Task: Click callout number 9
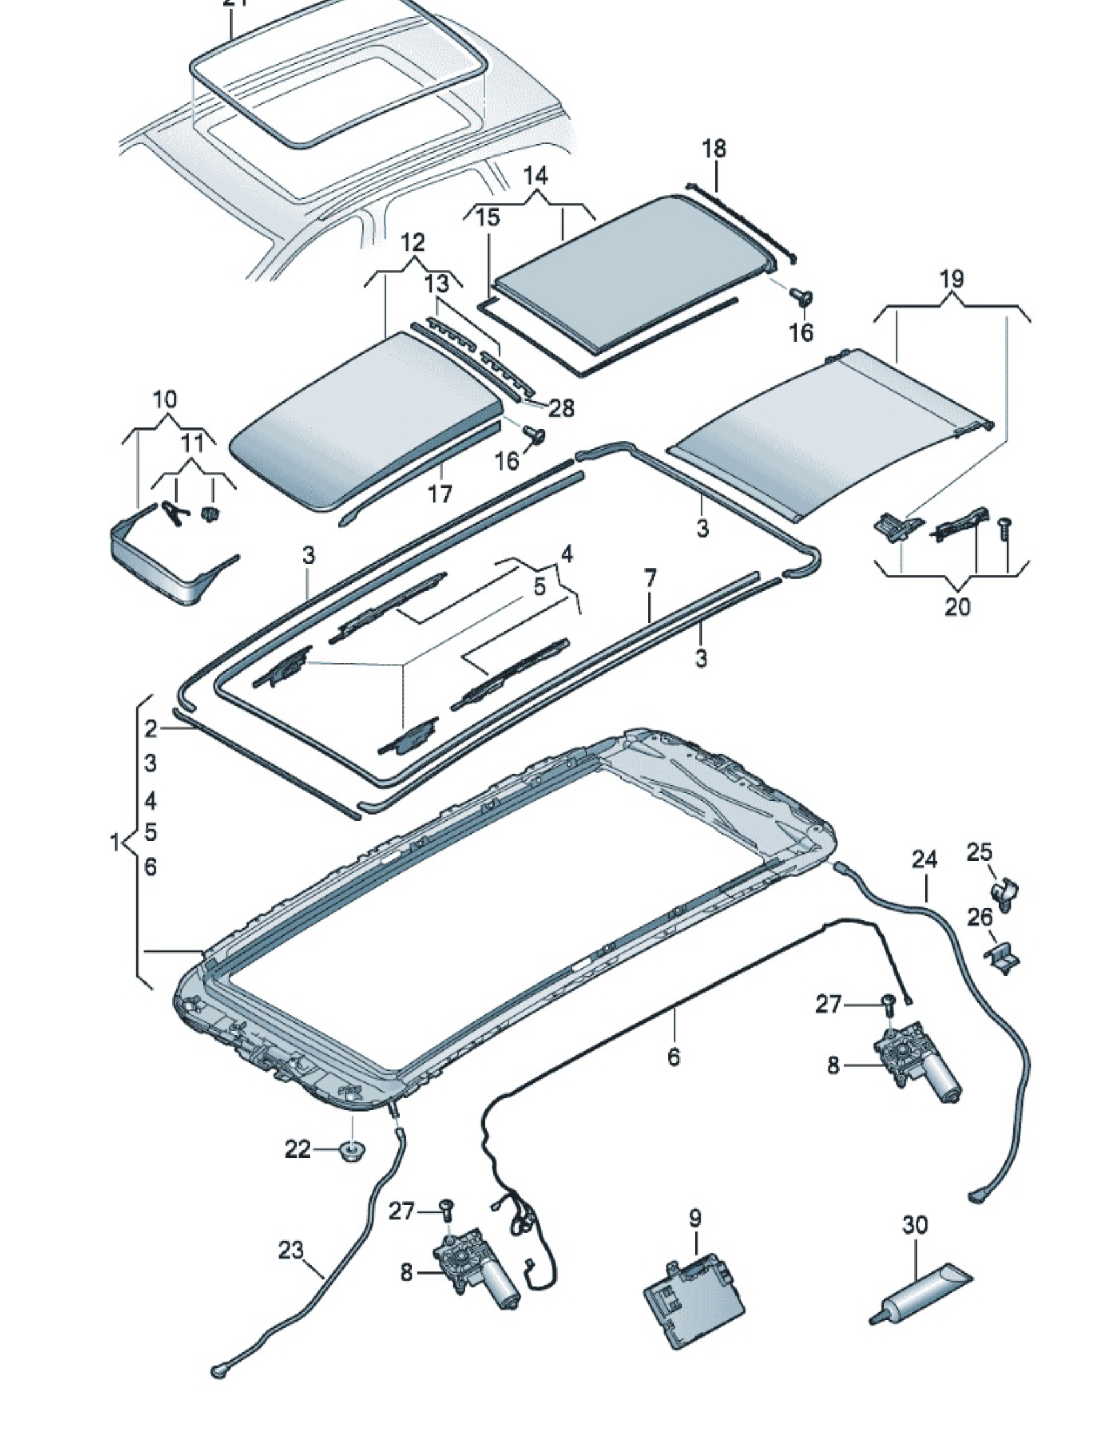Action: click(x=695, y=1217)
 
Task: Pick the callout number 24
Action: click(x=925, y=859)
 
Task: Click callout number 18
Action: click(x=714, y=148)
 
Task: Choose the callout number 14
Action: click(x=535, y=175)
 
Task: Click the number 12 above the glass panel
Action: click(x=414, y=242)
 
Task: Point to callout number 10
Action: click(x=165, y=399)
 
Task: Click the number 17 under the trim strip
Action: click(x=439, y=494)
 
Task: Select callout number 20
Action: click(x=957, y=606)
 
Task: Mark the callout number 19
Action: click(x=952, y=278)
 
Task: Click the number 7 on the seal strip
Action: click(x=650, y=577)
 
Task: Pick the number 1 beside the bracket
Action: click(x=115, y=843)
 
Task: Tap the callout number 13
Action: click(x=437, y=284)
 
